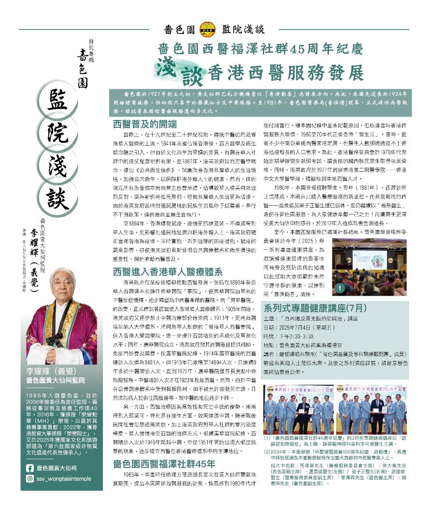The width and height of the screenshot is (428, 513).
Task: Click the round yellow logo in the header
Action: (x=208, y=29)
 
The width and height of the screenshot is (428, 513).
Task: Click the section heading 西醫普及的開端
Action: (x=144, y=124)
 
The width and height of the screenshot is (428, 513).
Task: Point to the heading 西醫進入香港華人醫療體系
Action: (x=168, y=272)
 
